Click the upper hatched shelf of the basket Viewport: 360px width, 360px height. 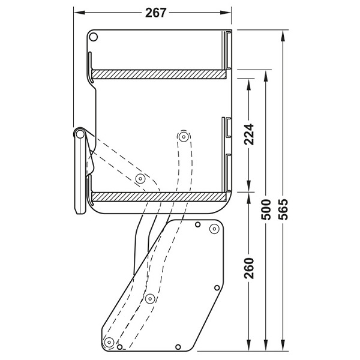coord(159,74)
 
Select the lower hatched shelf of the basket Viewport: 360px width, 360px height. coord(159,196)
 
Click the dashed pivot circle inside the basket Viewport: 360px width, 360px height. coord(182,137)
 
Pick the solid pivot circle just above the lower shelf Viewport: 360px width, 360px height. coord(140,178)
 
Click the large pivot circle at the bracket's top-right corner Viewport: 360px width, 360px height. coord(213,229)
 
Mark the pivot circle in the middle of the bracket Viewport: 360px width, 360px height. coord(151,298)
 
